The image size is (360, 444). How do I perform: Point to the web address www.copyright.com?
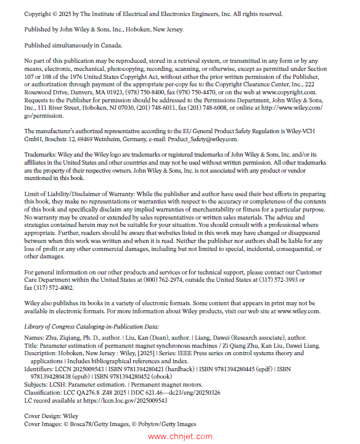point(303,91)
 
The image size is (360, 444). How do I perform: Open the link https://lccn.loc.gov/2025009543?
point(120,399)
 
